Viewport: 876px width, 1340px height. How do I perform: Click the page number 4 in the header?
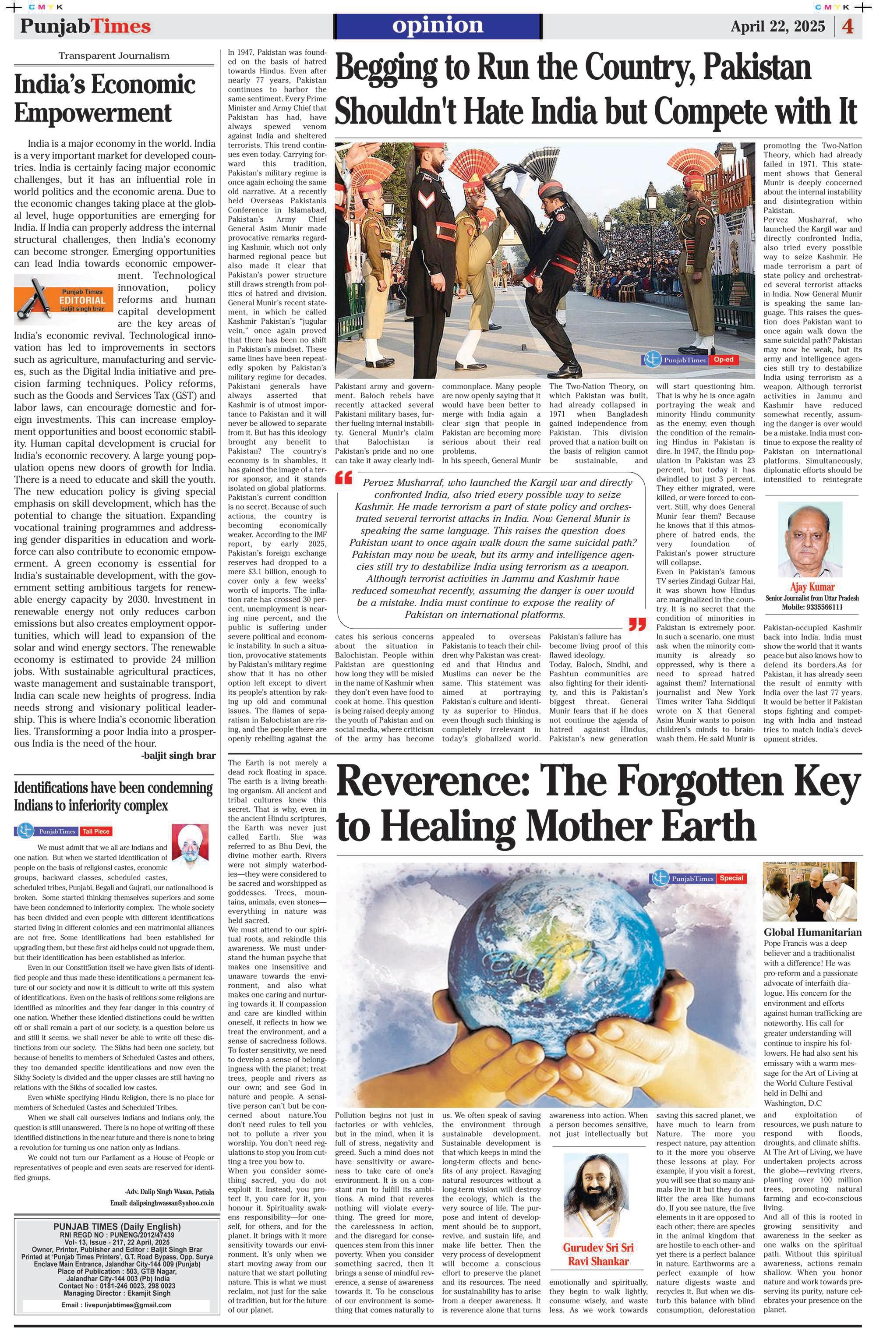coord(848,26)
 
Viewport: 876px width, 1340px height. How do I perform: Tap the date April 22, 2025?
coord(777,26)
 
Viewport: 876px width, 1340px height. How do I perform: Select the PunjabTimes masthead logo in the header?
coord(85,26)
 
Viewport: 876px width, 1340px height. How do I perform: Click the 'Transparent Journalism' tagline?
coord(114,56)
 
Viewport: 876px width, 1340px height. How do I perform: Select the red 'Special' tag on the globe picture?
coord(732,878)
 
